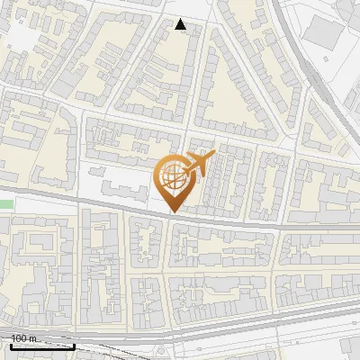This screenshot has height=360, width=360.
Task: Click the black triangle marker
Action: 181,24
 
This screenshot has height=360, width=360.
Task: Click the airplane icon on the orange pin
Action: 199,164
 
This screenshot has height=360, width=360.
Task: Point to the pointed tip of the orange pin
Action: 174,212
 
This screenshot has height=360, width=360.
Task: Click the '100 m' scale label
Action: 24,338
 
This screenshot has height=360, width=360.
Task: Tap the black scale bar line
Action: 41,346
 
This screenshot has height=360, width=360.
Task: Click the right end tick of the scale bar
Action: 73,344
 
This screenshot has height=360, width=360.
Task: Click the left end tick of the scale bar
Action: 11,344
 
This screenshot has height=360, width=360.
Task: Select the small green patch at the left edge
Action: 6,205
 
